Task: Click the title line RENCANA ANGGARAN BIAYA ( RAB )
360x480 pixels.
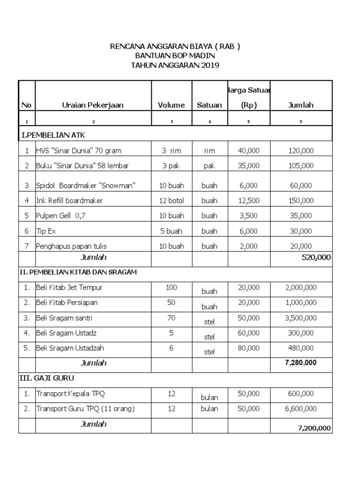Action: pos(174,46)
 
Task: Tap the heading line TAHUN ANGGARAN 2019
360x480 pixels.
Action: pos(174,65)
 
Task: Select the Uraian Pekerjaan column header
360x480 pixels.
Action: pos(93,105)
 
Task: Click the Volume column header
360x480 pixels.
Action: pos(171,105)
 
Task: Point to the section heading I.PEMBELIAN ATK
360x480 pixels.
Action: pos(52,135)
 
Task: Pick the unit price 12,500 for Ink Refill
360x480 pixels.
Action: pos(248,201)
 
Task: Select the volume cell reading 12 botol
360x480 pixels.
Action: pos(171,201)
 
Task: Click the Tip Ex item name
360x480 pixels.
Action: pos(46,231)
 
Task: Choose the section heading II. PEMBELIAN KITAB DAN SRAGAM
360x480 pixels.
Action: pos(80,272)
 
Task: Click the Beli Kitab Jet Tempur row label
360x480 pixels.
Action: pos(69,287)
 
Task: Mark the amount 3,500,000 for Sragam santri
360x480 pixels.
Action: pos(301,318)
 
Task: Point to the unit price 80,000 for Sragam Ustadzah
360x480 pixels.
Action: pos(248,348)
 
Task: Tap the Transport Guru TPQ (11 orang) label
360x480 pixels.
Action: pos(85,409)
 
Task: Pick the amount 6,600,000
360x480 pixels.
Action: pos(301,409)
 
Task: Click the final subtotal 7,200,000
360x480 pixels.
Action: pos(314,428)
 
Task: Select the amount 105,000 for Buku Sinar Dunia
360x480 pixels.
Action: pos(301,165)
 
